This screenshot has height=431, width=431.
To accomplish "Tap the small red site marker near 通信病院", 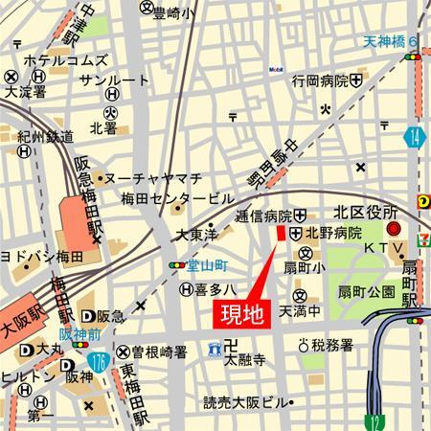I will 280,235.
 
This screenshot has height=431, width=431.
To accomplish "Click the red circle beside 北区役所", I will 393,230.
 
